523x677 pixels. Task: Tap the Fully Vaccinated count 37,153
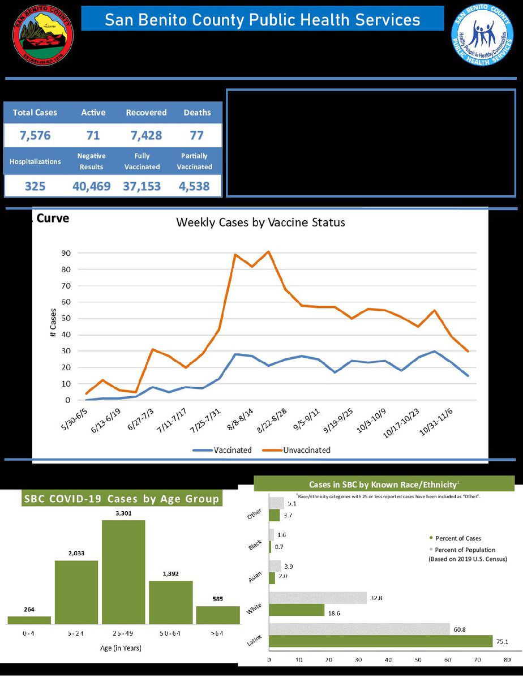tap(142, 186)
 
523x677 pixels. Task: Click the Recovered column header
tap(146, 113)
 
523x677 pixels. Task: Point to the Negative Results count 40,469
tap(92, 186)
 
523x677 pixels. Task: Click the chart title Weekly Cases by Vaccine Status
tap(260, 222)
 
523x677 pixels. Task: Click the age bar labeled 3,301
tap(123, 572)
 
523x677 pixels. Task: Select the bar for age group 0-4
tap(29, 620)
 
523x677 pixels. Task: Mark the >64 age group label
tap(217, 633)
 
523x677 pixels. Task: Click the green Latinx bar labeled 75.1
tap(381, 641)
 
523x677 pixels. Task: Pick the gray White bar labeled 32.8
tap(318, 598)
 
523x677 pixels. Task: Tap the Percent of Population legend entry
tap(464, 550)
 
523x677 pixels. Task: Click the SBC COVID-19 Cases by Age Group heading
tap(121, 499)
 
